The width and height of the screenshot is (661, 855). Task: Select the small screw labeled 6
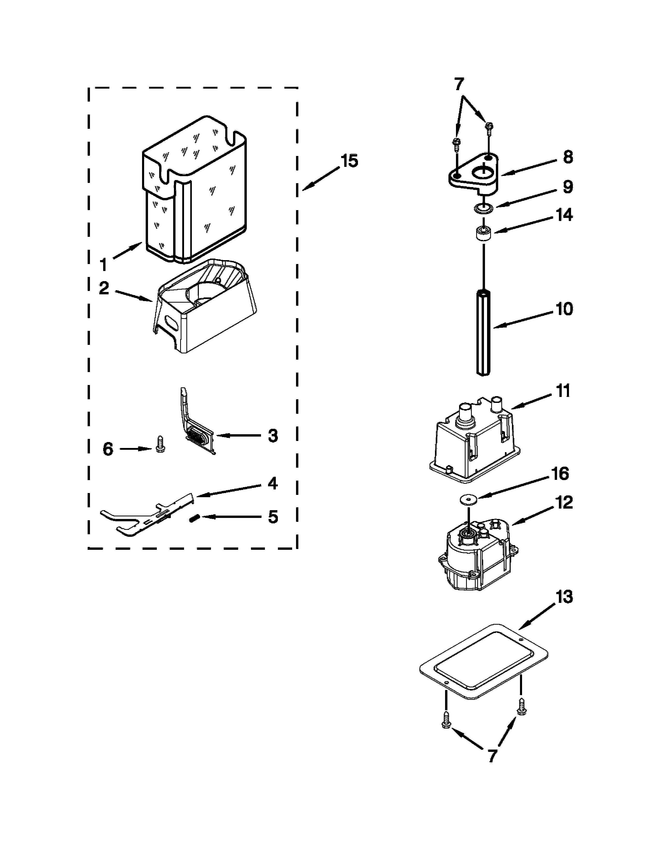(160, 444)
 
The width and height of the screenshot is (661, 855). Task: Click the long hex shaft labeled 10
(484, 333)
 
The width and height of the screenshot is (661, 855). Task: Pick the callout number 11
(563, 391)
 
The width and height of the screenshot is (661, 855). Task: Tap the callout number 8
(568, 157)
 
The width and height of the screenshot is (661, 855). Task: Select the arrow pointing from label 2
(133, 296)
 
